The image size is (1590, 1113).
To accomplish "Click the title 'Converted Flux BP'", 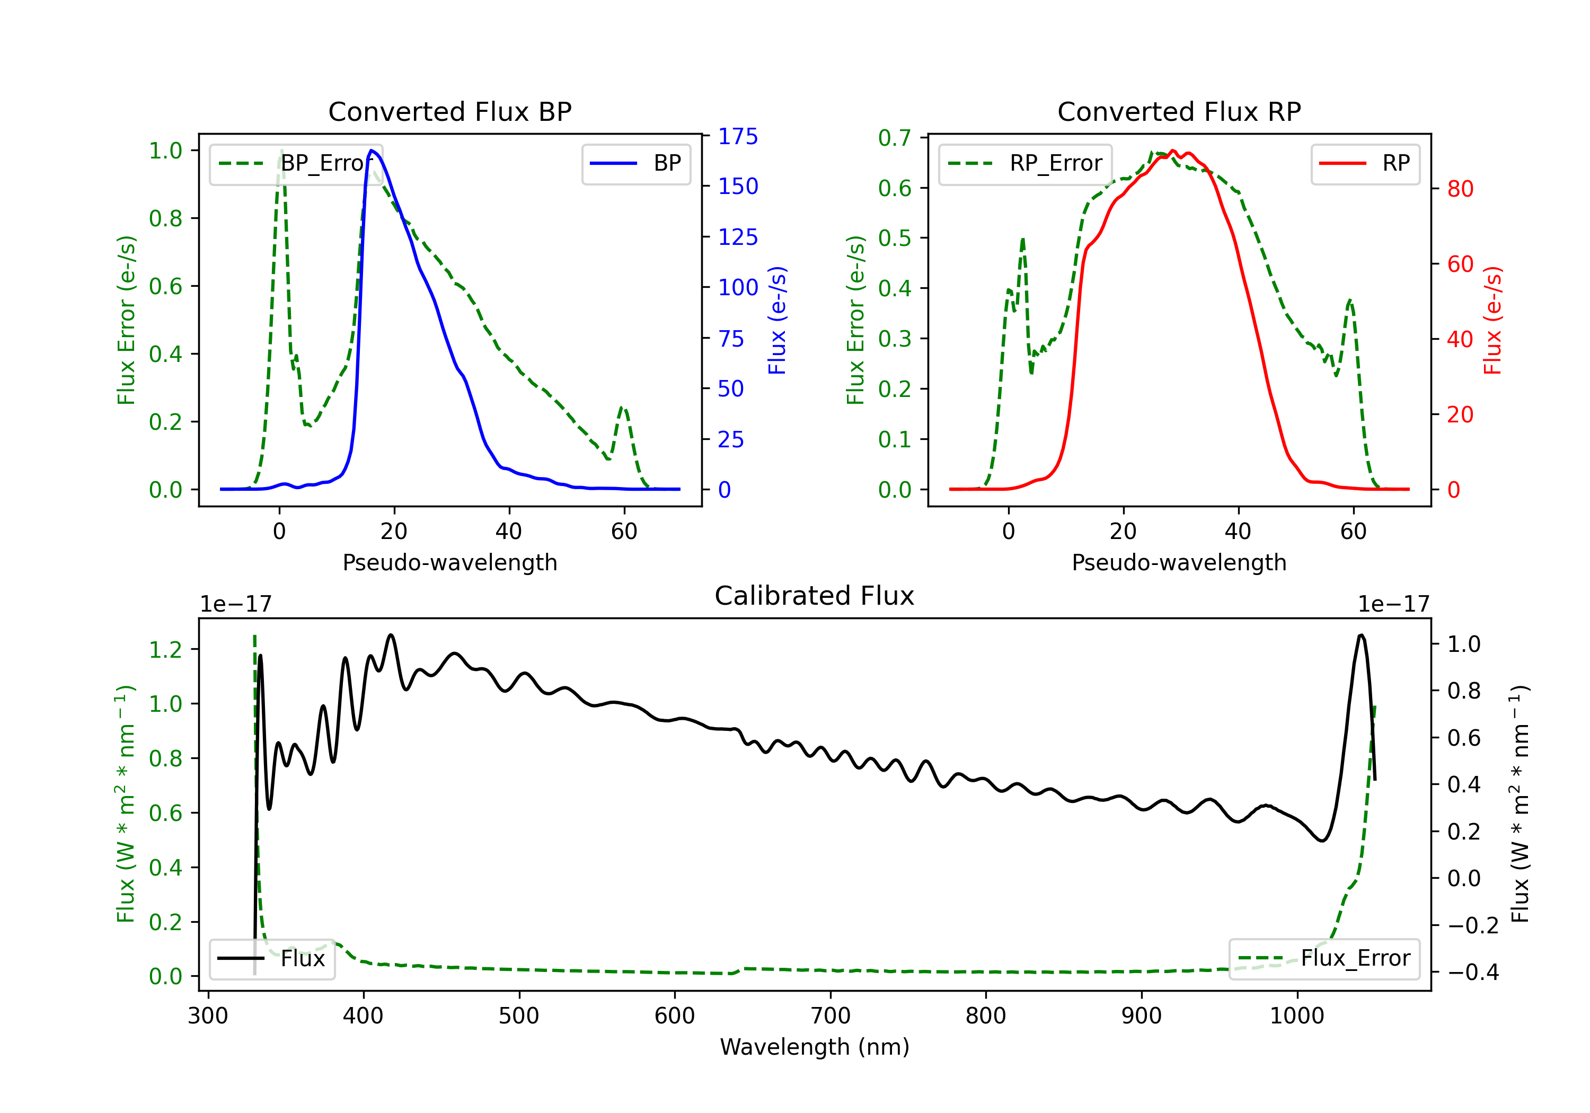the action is coord(449,111).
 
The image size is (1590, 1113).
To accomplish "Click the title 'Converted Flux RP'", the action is coord(1179,111).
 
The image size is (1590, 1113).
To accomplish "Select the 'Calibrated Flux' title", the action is coord(815,596).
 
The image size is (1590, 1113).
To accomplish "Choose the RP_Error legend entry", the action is coord(1025,163).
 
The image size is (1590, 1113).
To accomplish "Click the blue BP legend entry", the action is coord(635,163).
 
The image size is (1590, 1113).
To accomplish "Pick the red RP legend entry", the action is coord(1365,163).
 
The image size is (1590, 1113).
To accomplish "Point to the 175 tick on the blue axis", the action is coord(738,136).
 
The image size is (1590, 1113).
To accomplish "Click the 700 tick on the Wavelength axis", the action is coord(831,1016).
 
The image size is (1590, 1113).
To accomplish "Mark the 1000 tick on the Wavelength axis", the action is coord(1297,1016).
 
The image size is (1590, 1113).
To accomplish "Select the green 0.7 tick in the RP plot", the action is coord(895,138).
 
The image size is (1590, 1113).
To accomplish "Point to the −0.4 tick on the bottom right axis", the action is coord(1473,973).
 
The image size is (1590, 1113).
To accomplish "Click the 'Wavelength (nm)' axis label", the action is coord(815,1047).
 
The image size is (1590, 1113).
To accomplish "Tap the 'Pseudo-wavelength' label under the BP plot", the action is coord(449,562).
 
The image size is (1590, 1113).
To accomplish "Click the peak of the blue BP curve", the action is coord(372,151).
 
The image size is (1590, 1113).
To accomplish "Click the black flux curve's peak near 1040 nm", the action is coord(1362,635).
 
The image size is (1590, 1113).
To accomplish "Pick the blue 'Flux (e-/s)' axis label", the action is coord(778,320).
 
